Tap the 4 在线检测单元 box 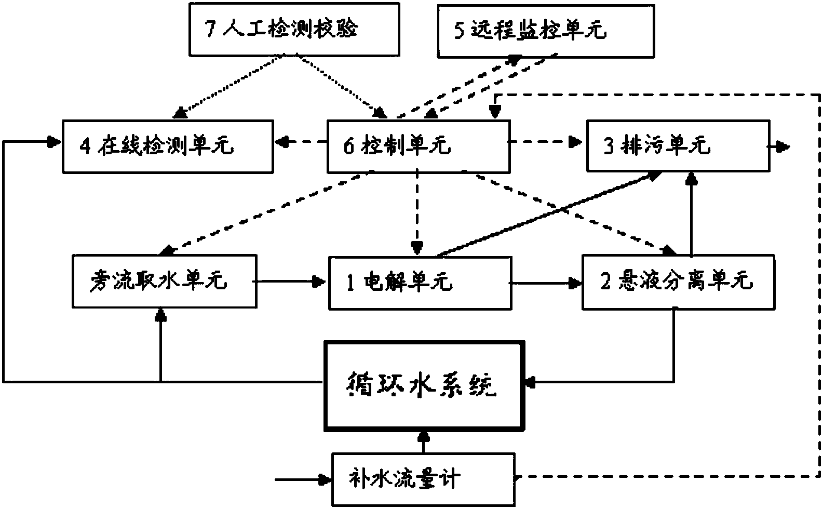click(168, 146)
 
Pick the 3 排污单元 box click(678, 146)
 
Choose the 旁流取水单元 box click(165, 281)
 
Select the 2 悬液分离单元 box click(678, 282)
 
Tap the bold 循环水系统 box click(424, 386)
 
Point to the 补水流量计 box click(423, 479)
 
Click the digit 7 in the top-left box click(210, 30)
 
